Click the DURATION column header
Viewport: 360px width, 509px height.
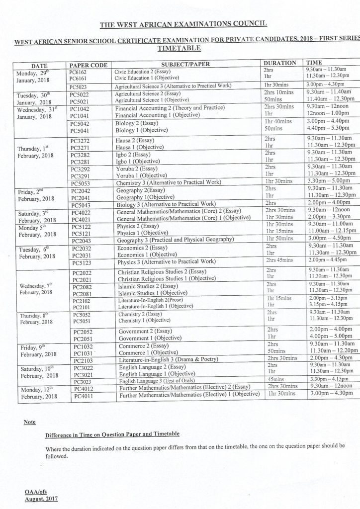[x=279, y=64]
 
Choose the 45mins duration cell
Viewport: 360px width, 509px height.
[x=273, y=379]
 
